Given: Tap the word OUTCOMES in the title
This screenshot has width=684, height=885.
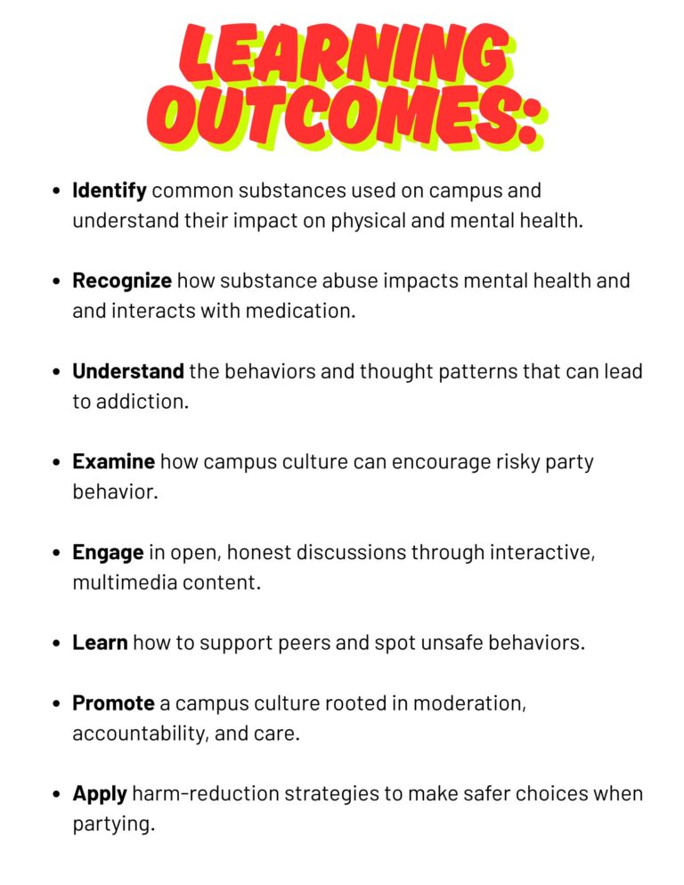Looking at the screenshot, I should click(x=330, y=115).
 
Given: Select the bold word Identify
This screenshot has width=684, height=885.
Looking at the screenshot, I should click(x=110, y=191).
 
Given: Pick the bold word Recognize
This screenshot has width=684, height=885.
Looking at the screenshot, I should click(x=122, y=281).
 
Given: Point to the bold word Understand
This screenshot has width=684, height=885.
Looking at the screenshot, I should click(x=128, y=371).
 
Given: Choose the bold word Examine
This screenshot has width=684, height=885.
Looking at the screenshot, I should click(x=113, y=462).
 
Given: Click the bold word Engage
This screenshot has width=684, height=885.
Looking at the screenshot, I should click(x=108, y=553).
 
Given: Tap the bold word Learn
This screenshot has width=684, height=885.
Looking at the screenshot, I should click(x=100, y=643).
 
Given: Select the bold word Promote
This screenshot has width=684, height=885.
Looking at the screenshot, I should click(x=113, y=703).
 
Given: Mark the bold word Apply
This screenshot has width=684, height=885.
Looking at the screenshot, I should click(x=100, y=794).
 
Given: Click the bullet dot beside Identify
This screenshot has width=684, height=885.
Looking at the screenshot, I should click(x=56, y=191).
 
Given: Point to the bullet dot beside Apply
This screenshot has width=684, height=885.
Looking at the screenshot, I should click(x=56, y=794).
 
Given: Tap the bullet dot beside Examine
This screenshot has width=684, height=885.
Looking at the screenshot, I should click(x=56, y=462).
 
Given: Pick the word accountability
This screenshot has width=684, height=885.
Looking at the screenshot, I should click(x=138, y=735).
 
